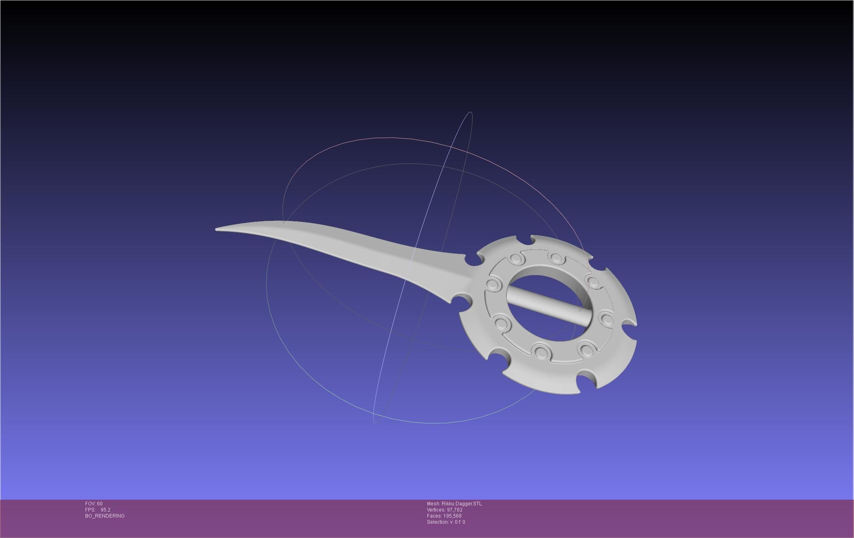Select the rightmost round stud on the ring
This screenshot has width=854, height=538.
[x=607, y=319]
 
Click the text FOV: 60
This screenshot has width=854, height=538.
[x=94, y=504]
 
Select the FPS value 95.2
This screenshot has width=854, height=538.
[x=106, y=510]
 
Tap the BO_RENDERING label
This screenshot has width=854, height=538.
[x=105, y=516]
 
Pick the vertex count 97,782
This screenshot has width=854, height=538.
[x=454, y=510]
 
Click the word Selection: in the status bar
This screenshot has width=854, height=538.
[x=438, y=522]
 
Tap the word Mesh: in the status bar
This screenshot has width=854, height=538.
[x=433, y=504]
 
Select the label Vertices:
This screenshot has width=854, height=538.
[x=436, y=510]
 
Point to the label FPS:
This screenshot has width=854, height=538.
[x=90, y=510]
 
